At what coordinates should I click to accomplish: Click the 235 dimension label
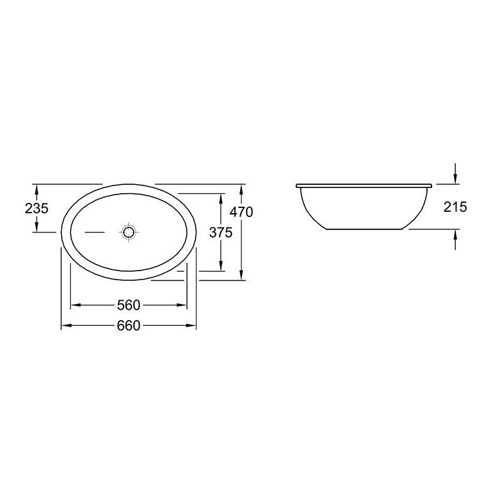click(37, 209)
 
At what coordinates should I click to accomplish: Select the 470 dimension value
click(241, 212)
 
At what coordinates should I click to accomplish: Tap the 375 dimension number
click(221, 232)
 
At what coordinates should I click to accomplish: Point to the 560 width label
click(129, 305)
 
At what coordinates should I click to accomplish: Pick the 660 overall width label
click(129, 326)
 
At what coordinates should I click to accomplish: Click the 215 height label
click(455, 207)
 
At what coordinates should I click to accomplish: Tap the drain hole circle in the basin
click(128, 232)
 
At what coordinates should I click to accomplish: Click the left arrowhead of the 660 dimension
click(66, 326)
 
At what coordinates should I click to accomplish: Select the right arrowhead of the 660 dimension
click(191, 326)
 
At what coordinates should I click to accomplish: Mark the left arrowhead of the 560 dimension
click(75, 305)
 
